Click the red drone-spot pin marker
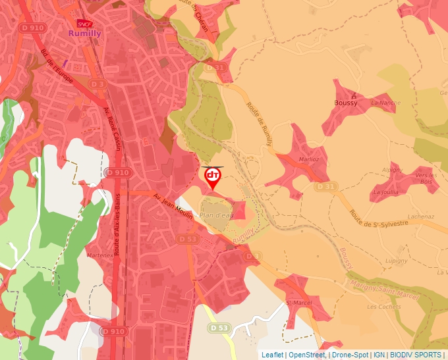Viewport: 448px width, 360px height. (213, 177)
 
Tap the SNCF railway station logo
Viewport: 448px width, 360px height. (84, 23)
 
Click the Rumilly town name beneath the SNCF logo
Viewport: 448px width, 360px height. (84, 32)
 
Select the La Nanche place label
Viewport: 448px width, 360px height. (385, 103)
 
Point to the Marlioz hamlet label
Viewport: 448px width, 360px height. (308, 159)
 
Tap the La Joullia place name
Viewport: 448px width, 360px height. (385, 192)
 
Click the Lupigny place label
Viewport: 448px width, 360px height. (397, 261)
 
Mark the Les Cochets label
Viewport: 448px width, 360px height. (380, 307)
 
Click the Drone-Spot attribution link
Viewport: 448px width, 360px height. (350, 355)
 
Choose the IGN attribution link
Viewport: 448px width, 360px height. (379, 355)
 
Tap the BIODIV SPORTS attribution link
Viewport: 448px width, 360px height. (416, 355)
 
